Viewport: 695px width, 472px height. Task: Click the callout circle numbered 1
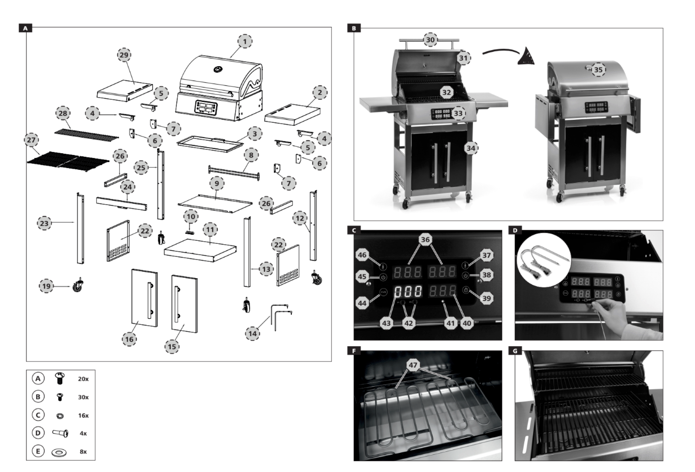pyautogui.click(x=245, y=41)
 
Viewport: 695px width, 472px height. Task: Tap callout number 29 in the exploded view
pyautogui.click(x=124, y=55)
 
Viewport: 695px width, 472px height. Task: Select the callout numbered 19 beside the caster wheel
pyautogui.click(x=46, y=286)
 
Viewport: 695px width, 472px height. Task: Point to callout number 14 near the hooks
pyautogui.click(x=252, y=334)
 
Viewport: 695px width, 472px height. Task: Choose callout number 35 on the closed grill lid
pyautogui.click(x=598, y=70)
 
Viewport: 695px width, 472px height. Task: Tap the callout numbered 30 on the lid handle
pyautogui.click(x=430, y=40)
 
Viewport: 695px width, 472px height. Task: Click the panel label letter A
pyautogui.click(x=25, y=28)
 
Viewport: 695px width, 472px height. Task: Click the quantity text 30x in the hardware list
pyautogui.click(x=83, y=397)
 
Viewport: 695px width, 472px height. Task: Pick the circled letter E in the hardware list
pyautogui.click(x=38, y=452)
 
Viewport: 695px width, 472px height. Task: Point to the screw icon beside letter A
pyautogui.click(x=60, y=379)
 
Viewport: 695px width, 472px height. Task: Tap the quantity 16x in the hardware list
pyautogui.click(x=83, y=415)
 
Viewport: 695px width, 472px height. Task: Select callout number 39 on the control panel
pyautogui.click(x=486, y=298)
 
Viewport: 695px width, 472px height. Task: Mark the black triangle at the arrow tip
pyautogui.click(x=527, y=56)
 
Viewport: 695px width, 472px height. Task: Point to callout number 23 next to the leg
pyautogui.click(x=44, y=223)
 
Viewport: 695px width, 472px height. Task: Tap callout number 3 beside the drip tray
pyautogui.click(x=255, y=134)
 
